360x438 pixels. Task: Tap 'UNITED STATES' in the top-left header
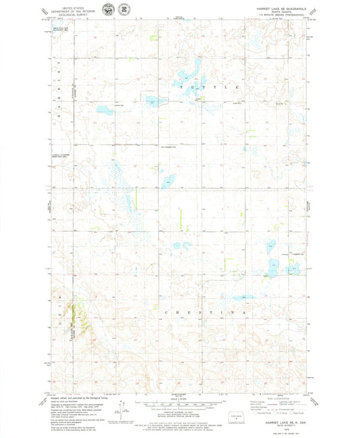tap(66, 5)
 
